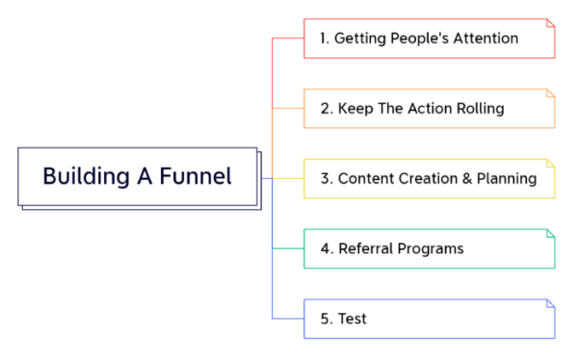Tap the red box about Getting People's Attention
430,39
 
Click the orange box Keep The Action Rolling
430,109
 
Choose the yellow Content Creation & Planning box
430,179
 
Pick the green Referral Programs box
430,248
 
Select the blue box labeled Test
430,319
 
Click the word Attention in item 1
484,39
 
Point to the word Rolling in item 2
479,109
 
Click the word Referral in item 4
365,248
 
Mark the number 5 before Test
325,319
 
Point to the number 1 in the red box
324,39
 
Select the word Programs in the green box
430,248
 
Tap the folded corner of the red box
550,23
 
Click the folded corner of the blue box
550,303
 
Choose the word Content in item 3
365,179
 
